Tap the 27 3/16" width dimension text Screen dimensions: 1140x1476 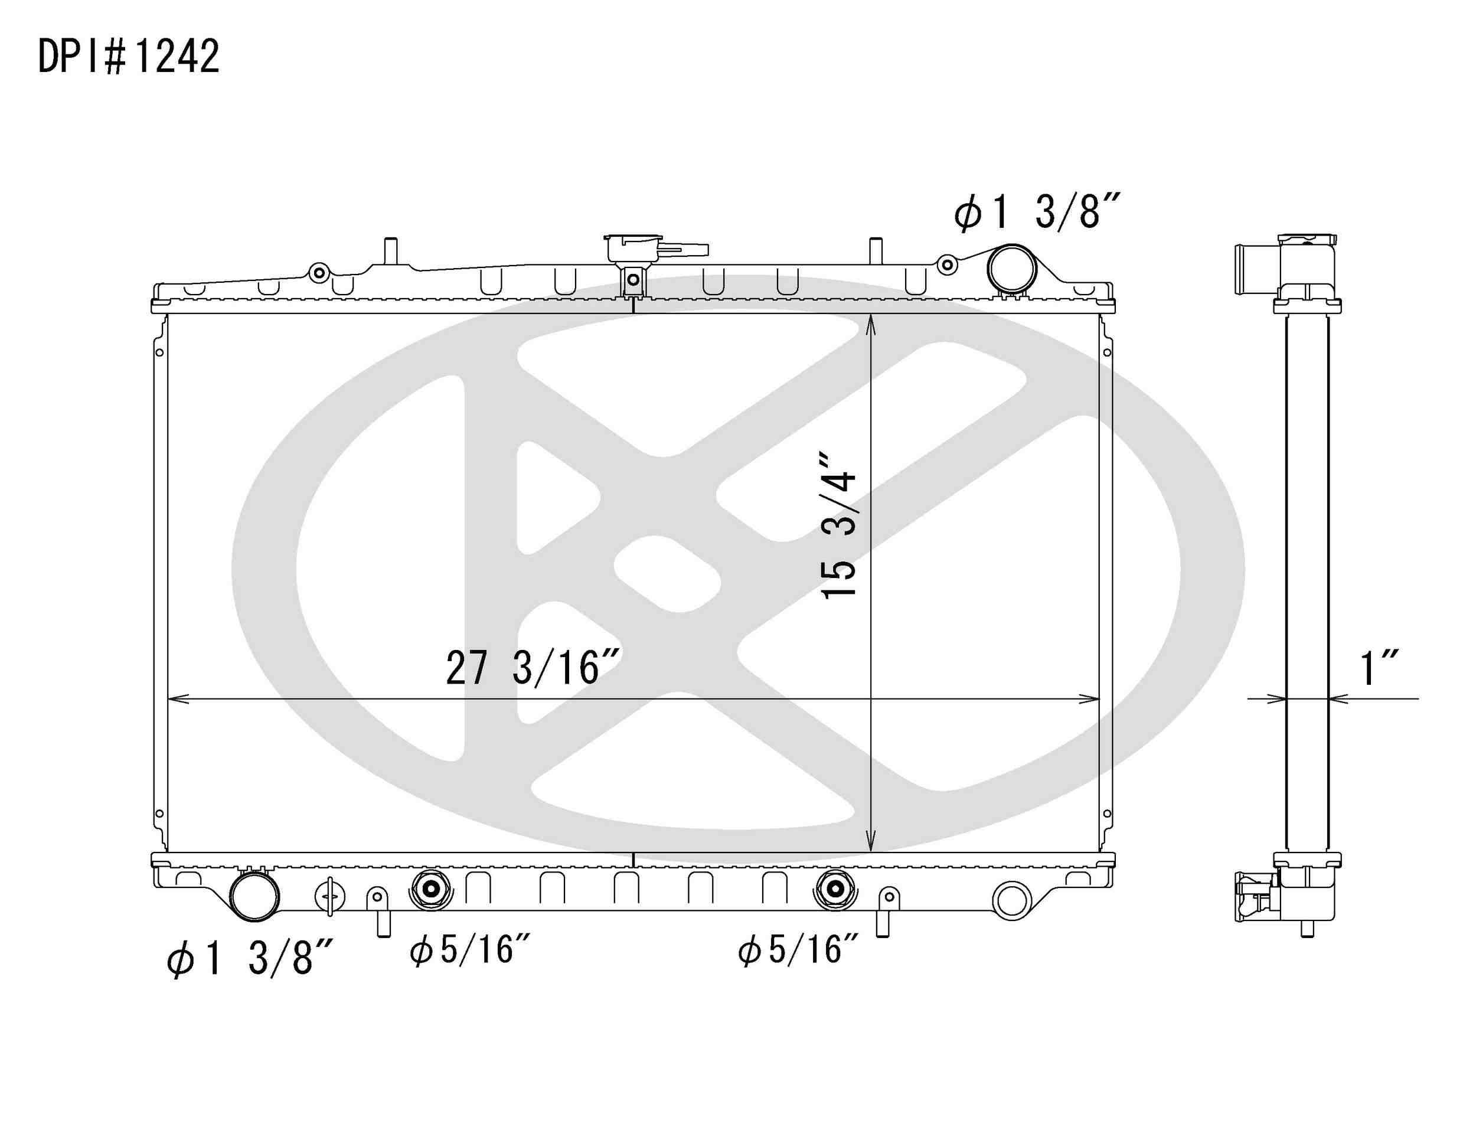(x=532, y=668)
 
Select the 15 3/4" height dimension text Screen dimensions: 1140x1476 (x=840, y=525)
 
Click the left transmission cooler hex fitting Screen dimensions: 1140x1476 (x=430, y=891)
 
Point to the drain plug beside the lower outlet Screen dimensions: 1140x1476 (x=330, y=896)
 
